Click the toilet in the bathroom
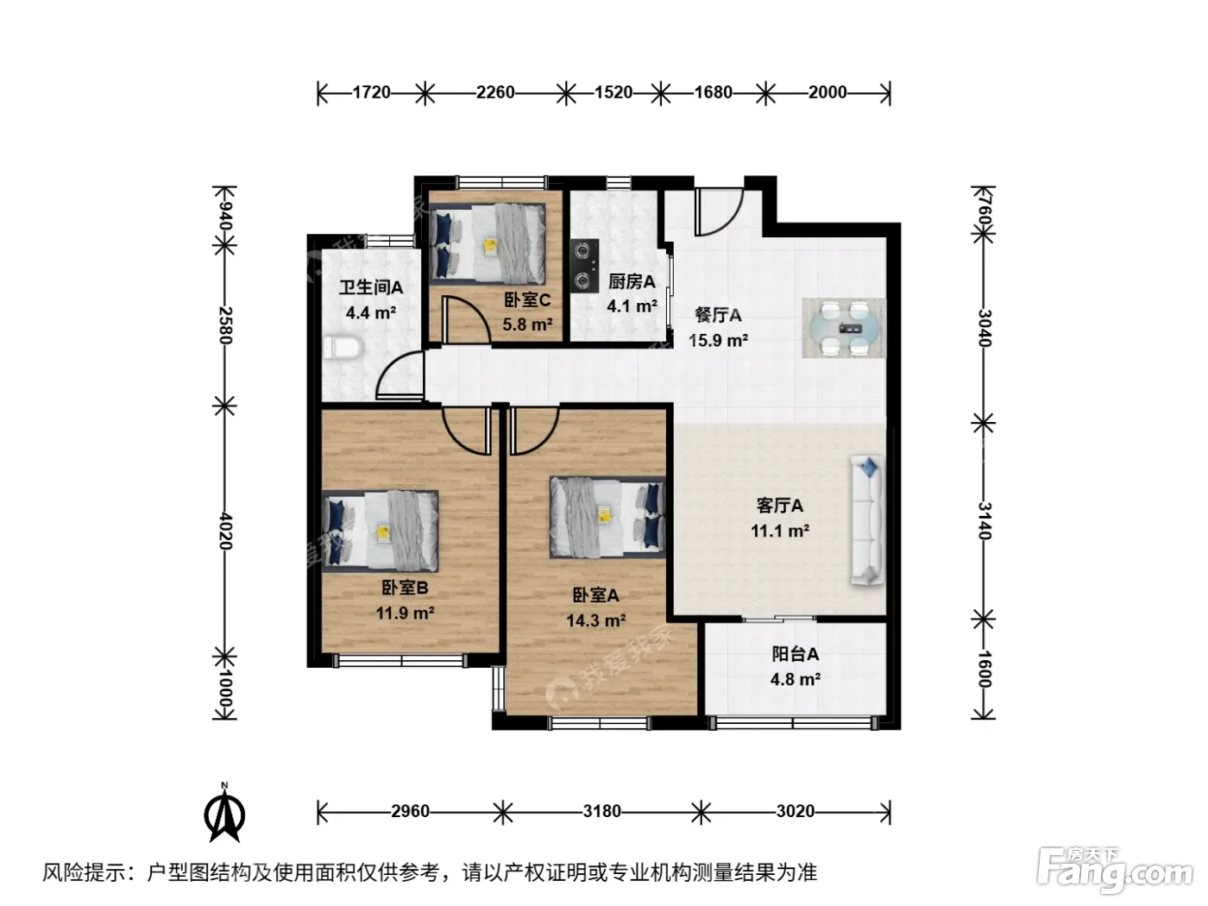tap(343, 347)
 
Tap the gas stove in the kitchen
tap(584, 265)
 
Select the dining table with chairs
tap(844, 328)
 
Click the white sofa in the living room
tap(867, 519)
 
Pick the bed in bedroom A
tap(607, 517)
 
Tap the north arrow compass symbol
tap(224, 812)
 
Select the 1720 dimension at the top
tap(372, 91)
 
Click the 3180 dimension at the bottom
tap(602, 811)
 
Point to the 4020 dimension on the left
tap(225, 531)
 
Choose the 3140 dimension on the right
tap(985, 521)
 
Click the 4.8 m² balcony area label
tap(796, 679)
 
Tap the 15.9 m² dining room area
tap(718, 340)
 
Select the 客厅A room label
tap(780, 506)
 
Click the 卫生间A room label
tap(371, 287)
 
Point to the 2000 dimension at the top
tap(827, 91)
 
